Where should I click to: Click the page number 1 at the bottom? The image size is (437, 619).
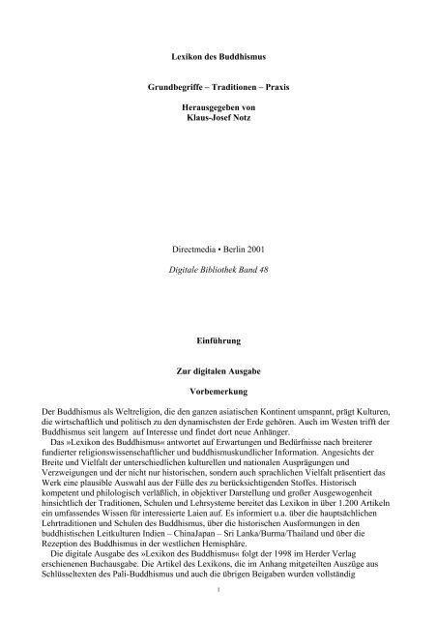point(218,610)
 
